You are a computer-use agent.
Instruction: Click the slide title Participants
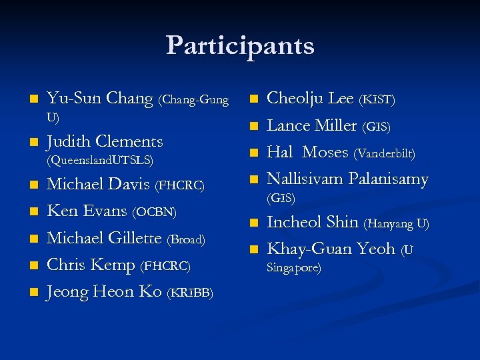(240, 46)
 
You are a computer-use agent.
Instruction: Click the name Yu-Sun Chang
(101, 99)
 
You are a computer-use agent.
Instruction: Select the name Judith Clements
(105, 141)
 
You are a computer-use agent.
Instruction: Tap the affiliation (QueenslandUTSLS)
(100, 161)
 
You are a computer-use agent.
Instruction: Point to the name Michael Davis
(99, 184)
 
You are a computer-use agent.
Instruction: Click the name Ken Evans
(87, 211)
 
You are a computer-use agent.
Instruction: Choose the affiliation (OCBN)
(154, 213)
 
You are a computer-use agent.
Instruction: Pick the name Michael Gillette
(105, 238)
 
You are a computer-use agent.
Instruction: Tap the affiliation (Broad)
(186, 239)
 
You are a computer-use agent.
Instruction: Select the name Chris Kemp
(91, 265)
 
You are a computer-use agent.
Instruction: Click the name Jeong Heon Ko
(104, 292)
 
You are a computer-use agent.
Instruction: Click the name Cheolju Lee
(310, 99)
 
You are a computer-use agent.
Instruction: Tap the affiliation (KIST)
(377, 100)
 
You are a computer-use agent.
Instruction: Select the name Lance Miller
(312, 125)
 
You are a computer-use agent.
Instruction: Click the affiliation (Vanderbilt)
(385, 153)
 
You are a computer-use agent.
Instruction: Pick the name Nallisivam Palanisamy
(347, 179)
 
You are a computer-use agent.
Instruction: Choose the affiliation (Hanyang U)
(397, 223)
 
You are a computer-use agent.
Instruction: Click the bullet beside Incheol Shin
(253, 223)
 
